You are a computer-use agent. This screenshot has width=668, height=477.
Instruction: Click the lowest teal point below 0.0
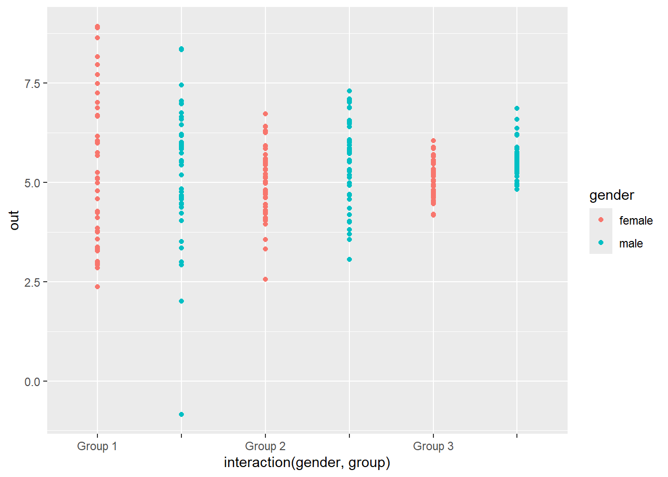(181, 414)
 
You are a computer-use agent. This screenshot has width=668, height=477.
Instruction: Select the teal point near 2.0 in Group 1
(181, 301)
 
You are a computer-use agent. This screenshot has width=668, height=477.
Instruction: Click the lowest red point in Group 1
(97, 287)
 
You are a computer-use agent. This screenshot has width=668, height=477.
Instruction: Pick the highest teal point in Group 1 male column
(181, 49)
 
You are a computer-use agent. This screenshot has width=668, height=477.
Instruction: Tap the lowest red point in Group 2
(265, 279)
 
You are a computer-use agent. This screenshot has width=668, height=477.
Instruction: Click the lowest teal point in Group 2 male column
(349, 259)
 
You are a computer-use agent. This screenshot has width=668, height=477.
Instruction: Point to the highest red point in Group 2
(265, 114)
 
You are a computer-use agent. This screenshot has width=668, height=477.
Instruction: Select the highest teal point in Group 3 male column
(517, 108)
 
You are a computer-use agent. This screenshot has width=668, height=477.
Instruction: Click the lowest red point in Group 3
(433, 215)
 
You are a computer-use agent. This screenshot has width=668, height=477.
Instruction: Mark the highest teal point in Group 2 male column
(349, 91)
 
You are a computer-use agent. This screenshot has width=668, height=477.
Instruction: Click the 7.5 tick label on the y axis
(32, 83)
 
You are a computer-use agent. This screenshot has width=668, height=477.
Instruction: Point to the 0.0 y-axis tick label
(32, 382)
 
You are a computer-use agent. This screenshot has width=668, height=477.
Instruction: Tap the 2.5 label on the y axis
(32, 282)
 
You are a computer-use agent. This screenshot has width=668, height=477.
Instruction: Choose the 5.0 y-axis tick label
(32, 183)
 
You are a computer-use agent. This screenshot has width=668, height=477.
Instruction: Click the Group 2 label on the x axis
(265, 446)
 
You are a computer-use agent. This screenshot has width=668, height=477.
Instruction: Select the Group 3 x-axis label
(433, 446)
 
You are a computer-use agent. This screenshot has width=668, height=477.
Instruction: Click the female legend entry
(636, 221)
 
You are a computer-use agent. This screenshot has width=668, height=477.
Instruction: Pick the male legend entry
(631, 243)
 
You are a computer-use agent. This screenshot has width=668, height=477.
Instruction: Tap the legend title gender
(611, 195)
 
